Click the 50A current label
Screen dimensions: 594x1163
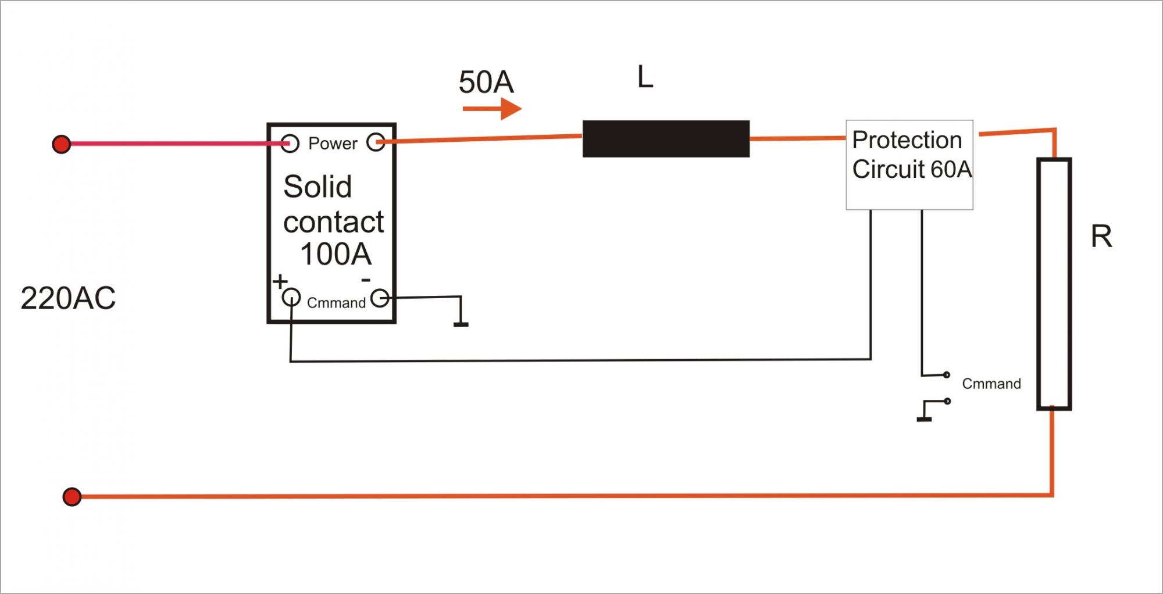coord(486,82)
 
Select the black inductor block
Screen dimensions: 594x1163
coord(666,138)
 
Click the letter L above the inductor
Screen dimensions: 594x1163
coord(645,77)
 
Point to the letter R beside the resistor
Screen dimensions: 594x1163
coord(1101,237)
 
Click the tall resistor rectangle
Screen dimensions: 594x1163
coord(1054,284)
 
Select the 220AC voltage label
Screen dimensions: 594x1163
coord(68,298)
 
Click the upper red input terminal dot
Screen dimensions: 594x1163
coord(61,144)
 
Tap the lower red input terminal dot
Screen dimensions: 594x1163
coord(72,497)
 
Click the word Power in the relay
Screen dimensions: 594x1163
coord(333,144)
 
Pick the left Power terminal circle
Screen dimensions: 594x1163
coord(290,143)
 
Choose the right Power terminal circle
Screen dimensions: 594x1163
coord(376,142)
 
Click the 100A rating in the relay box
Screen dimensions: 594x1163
coord(336,254)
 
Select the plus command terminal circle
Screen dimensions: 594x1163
coord(291,298)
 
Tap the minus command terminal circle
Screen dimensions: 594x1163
coord(380,298)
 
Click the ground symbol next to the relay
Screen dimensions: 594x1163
coord(461,323)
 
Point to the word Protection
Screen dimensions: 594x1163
coord(907,140)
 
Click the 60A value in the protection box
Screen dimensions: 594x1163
coord(951,170)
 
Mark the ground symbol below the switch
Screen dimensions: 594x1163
coord(924,418)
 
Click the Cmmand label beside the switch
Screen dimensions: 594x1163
coord(991,384)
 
